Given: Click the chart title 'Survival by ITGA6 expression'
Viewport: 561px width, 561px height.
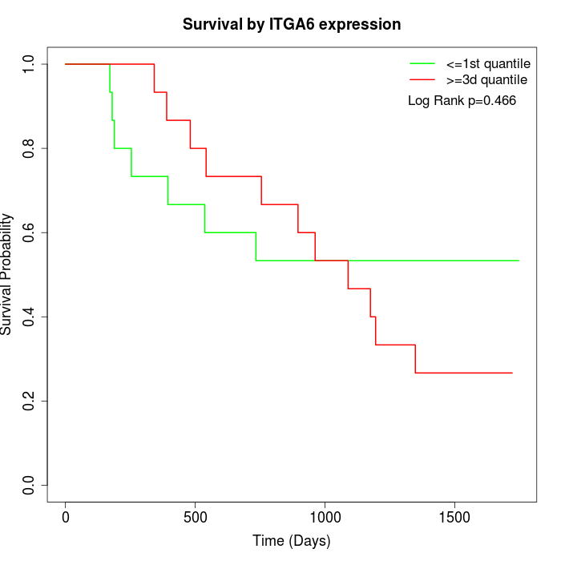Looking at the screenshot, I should (x=292, y=24).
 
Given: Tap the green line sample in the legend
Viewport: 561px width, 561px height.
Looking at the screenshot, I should (x=422, y=63).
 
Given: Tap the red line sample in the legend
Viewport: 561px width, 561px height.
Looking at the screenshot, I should (x=422, y=79).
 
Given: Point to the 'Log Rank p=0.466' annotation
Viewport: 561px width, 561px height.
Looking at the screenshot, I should (x=462, y=100).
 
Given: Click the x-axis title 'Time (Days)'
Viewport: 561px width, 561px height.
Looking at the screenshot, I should (x=291, y=541).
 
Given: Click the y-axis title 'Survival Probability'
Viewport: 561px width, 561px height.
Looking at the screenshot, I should (x=7, y=274).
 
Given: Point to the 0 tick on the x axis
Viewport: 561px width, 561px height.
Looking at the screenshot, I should (x=66, y=514).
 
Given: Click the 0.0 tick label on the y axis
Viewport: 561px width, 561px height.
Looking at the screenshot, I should (x=30, y=485).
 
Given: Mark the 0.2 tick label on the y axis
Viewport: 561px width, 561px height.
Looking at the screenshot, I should (x=30, y=401).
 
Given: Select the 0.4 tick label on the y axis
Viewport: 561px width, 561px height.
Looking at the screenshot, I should (x=30, y=317).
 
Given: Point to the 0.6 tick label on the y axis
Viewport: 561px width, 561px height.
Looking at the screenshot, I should (x=30, y=232).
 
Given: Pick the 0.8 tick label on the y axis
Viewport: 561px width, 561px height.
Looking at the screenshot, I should (x=30, y=148).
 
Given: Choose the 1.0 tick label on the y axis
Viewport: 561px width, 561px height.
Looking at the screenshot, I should (x=30, y=64).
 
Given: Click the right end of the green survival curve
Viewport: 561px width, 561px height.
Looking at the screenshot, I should (x=519, y=260).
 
